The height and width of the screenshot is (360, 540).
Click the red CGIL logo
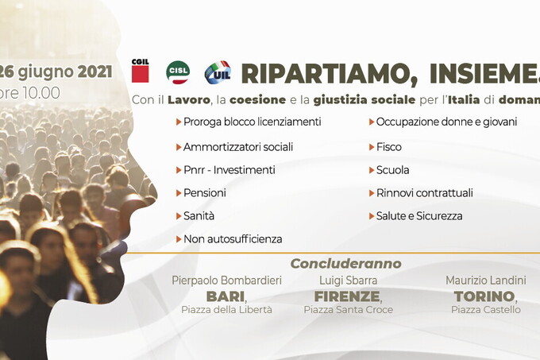click(141, 71)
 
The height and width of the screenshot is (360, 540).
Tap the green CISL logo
click(178, 72)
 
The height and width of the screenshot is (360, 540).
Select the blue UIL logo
click(218, 72)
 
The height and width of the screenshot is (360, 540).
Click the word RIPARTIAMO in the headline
click(330, 74)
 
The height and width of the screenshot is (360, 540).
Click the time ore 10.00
click(29, 93)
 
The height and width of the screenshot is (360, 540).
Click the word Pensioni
click(205, 193)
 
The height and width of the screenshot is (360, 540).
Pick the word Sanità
click(199, 216)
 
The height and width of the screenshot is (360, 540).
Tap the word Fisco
click(389, 147)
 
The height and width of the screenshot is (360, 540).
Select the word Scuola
click(392, 170)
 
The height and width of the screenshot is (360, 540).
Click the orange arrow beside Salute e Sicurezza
click(372, 216)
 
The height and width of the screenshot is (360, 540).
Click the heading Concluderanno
click(345, 264)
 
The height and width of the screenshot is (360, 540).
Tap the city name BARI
click(226, 296)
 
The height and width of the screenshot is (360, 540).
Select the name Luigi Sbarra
click(348, 281)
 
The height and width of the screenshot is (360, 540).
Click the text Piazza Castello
click(485, 310)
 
